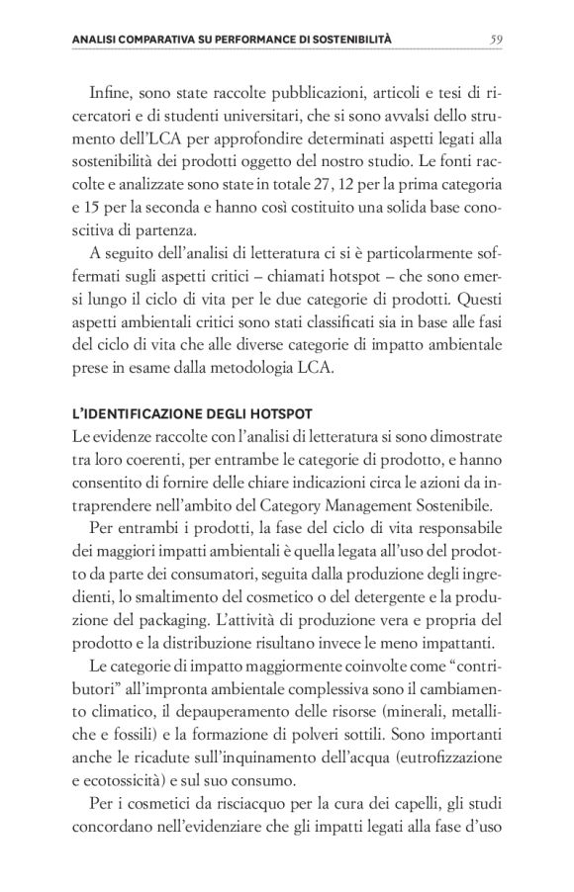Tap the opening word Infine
tap(111, 94)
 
